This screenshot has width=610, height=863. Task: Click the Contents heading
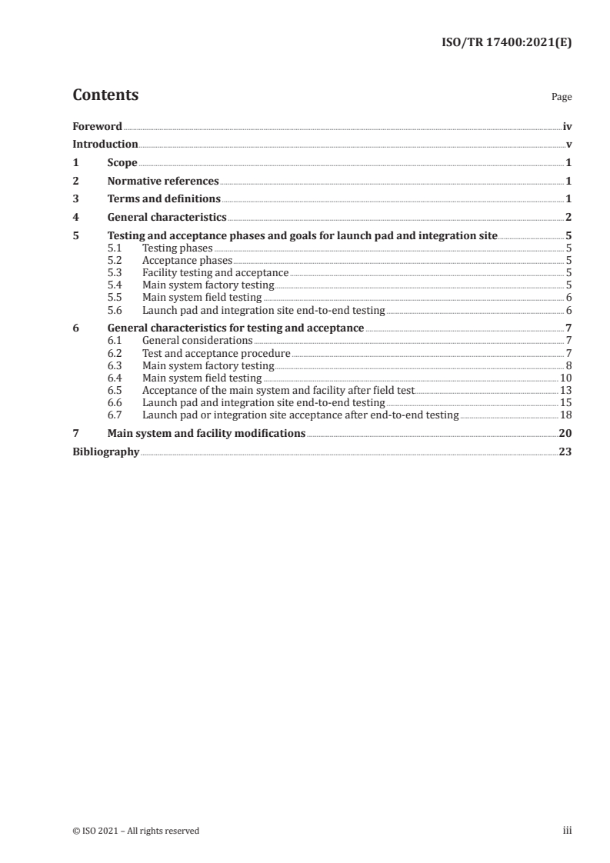tap(105, 95)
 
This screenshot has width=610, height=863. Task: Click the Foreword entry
tap(97, 126)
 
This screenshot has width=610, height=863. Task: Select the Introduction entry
tap(105, 144)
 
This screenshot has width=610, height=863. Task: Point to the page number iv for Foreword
tap(567, 126)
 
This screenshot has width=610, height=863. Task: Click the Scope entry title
tap(122, 163)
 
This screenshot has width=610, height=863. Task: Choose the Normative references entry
tap(163, 182)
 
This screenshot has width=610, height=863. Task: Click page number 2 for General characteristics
tap(568, 218)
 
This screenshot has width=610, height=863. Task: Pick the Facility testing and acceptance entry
tap(215, 273)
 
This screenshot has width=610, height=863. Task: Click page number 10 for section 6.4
tap(565, 378)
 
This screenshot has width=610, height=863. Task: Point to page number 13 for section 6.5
tap(565, 391)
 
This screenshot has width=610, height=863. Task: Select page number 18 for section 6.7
tap(565, 415)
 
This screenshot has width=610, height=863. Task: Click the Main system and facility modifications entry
tap(206, 434)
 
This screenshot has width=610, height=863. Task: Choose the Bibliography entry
tap(105, 452)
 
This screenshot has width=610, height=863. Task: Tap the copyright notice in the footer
tap(135, 831)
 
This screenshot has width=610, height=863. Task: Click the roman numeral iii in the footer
tap(567, 831)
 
